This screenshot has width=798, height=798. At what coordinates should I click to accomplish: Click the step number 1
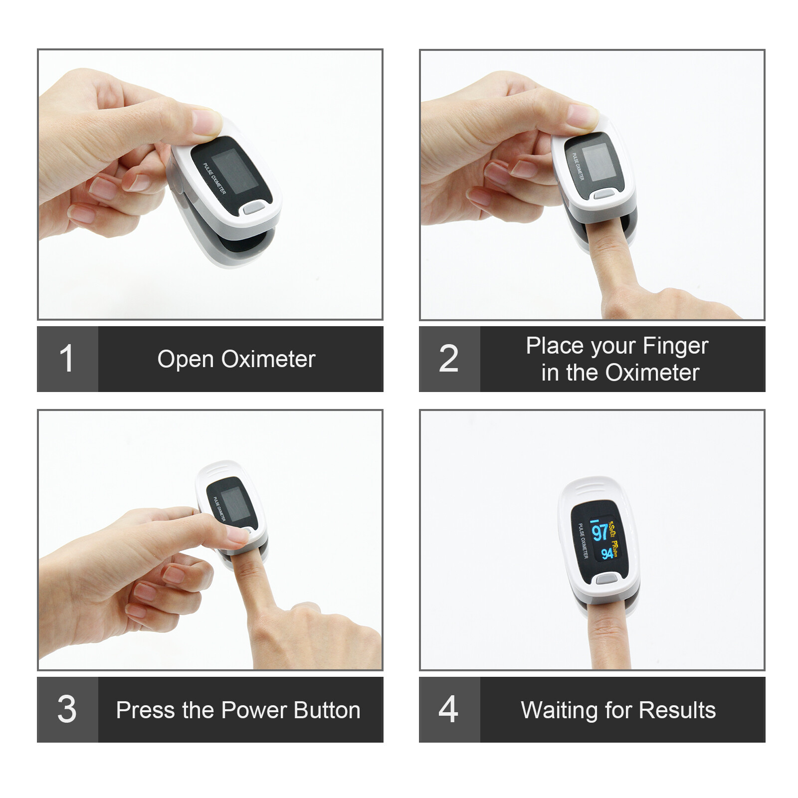(66, 359)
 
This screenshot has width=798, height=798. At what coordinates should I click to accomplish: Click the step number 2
(448, 359)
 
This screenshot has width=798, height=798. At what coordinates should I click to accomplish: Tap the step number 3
(67, 709)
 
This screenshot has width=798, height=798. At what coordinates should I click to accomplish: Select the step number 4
(448, 709)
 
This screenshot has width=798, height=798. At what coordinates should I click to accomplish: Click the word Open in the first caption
(186, 360)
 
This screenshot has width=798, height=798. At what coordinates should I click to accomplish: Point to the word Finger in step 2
(675, 346)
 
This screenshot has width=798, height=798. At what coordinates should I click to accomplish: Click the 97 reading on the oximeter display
(599, 532)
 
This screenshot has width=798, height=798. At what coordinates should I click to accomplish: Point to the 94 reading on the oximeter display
(606, 553)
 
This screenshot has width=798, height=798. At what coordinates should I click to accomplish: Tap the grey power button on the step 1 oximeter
(254, 207)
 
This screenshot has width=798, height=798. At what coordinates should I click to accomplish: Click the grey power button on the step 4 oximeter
(606, 579)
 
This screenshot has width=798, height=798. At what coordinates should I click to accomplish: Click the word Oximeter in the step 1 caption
(268, 360)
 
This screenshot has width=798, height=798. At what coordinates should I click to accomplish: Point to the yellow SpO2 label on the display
(612, 527)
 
